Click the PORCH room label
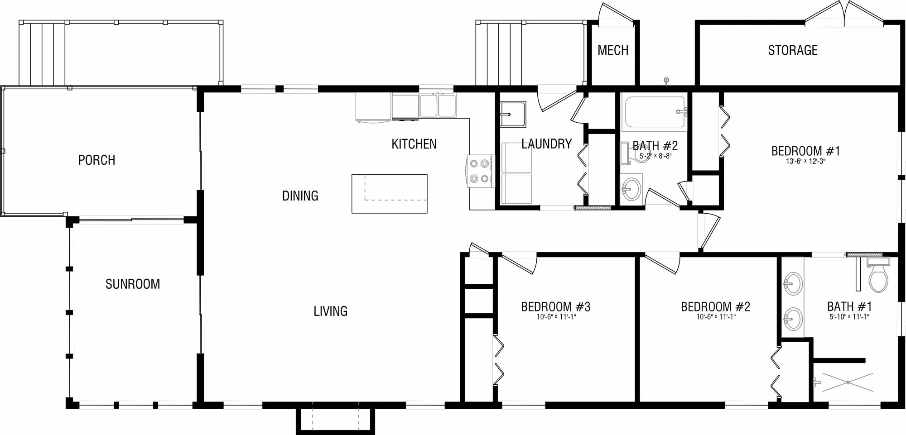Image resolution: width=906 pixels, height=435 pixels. click(x=96, y=160)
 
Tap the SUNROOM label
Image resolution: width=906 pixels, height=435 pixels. click(x=133, y=284)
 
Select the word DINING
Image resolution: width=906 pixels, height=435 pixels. click(x=300, y=196)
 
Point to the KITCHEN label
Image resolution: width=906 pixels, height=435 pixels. click(x=414, y=144)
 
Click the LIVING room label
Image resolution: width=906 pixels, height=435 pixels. click(x=331, y=311)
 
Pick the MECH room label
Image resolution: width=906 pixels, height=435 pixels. click(x=613, y=50)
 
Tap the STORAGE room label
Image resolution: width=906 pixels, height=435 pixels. click(x=793, y=50)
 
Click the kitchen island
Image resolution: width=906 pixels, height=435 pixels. click(x=390, y=194)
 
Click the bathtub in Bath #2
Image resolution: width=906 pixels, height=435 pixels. click(x=654, y=112)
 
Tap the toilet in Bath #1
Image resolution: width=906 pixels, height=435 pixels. click(x=878, y=274)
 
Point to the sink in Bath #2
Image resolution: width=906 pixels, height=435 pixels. click(x=631, y=189)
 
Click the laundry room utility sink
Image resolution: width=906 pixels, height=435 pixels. click(x=513, y=114)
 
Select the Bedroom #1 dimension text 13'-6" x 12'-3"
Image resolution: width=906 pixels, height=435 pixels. click(x=805, y=161)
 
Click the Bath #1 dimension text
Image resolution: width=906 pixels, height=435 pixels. click(x=849, y=317)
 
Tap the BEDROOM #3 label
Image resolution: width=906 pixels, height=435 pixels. click(x=556, y=307)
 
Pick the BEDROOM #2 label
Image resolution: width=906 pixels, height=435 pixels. click(x=716, y=307)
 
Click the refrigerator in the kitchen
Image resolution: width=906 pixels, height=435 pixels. click(x=373, y=107)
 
